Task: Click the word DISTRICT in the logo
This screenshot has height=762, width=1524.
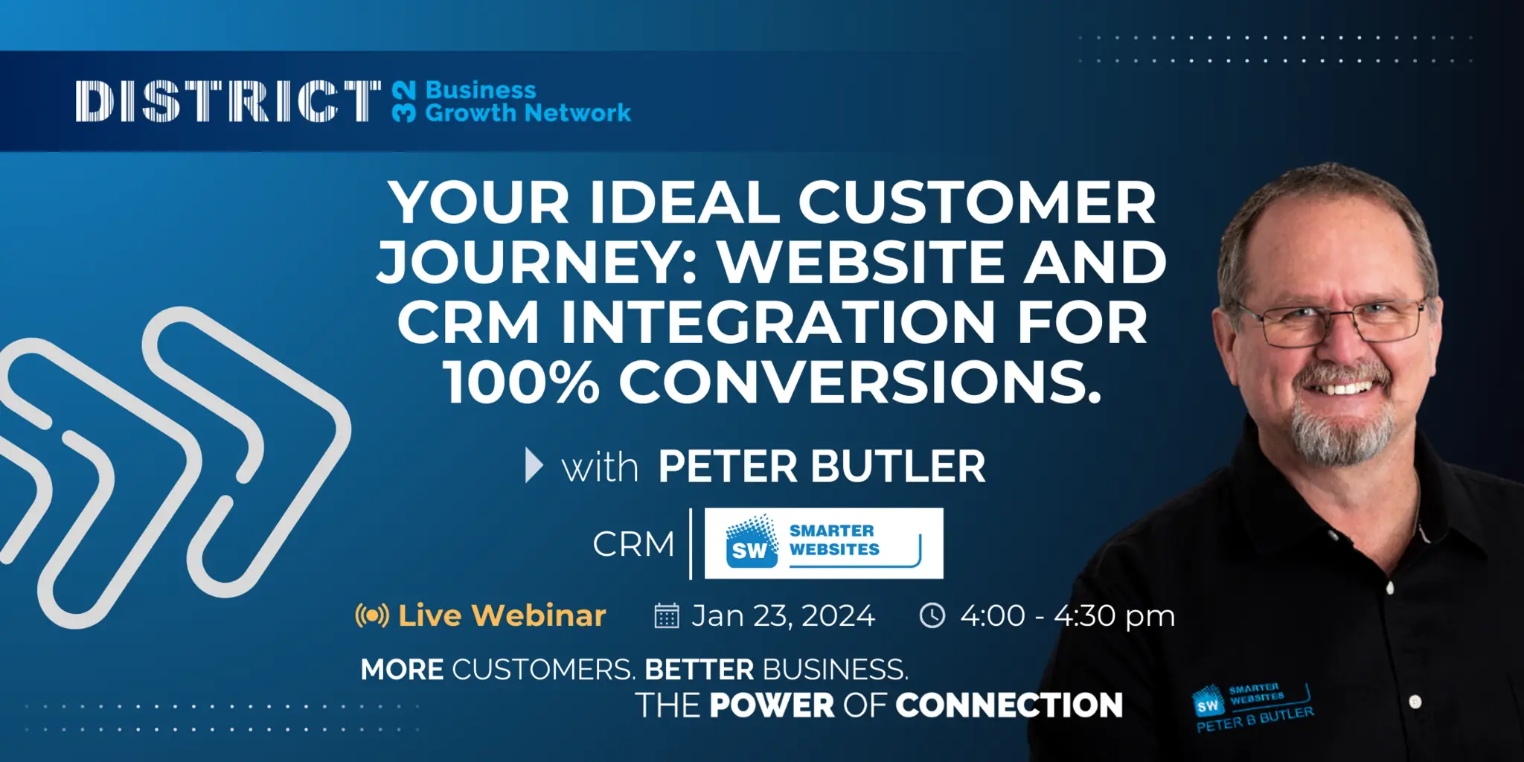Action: [228, 101]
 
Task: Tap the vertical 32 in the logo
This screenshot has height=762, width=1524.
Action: [403, 102]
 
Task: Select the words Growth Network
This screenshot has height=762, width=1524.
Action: [528, 113]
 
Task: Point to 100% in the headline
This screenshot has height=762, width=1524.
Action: [521, 382]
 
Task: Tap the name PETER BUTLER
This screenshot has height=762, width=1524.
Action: [822, 467]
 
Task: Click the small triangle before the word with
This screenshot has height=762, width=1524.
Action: [534, 466]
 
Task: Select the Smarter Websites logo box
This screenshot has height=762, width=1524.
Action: [823, 543]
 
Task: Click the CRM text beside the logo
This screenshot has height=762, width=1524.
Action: [633, 544]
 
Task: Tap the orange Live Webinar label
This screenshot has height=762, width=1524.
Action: [502, 615]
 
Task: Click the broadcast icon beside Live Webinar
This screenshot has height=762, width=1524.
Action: [372, 615]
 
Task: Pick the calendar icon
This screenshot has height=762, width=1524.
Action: [666, 615]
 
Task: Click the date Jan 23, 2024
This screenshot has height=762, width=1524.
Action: [783, 615]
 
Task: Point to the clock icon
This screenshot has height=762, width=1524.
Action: [932, 615]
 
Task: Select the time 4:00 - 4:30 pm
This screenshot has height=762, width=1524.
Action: [1067, 615]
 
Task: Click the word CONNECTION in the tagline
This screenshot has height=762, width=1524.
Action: [1009, 705]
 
